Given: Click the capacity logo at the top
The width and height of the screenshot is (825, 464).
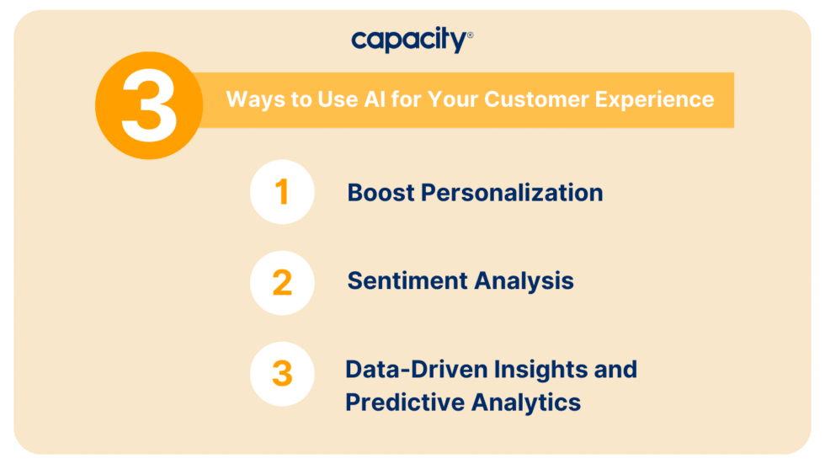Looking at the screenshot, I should coord(408,40).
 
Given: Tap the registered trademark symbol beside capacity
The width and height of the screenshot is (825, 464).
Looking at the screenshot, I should coord(470,35).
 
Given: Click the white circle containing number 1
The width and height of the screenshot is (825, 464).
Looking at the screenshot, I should coord(282,192).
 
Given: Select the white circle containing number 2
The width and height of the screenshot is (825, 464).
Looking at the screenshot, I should coord(282,282).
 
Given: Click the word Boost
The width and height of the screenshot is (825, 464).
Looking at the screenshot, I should coord(381,193).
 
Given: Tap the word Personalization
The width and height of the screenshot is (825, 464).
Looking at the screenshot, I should coord(512,193).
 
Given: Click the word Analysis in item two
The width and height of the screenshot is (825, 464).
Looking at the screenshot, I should coord(525,280).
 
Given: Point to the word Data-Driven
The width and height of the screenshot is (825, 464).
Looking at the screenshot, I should coord(415,369).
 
